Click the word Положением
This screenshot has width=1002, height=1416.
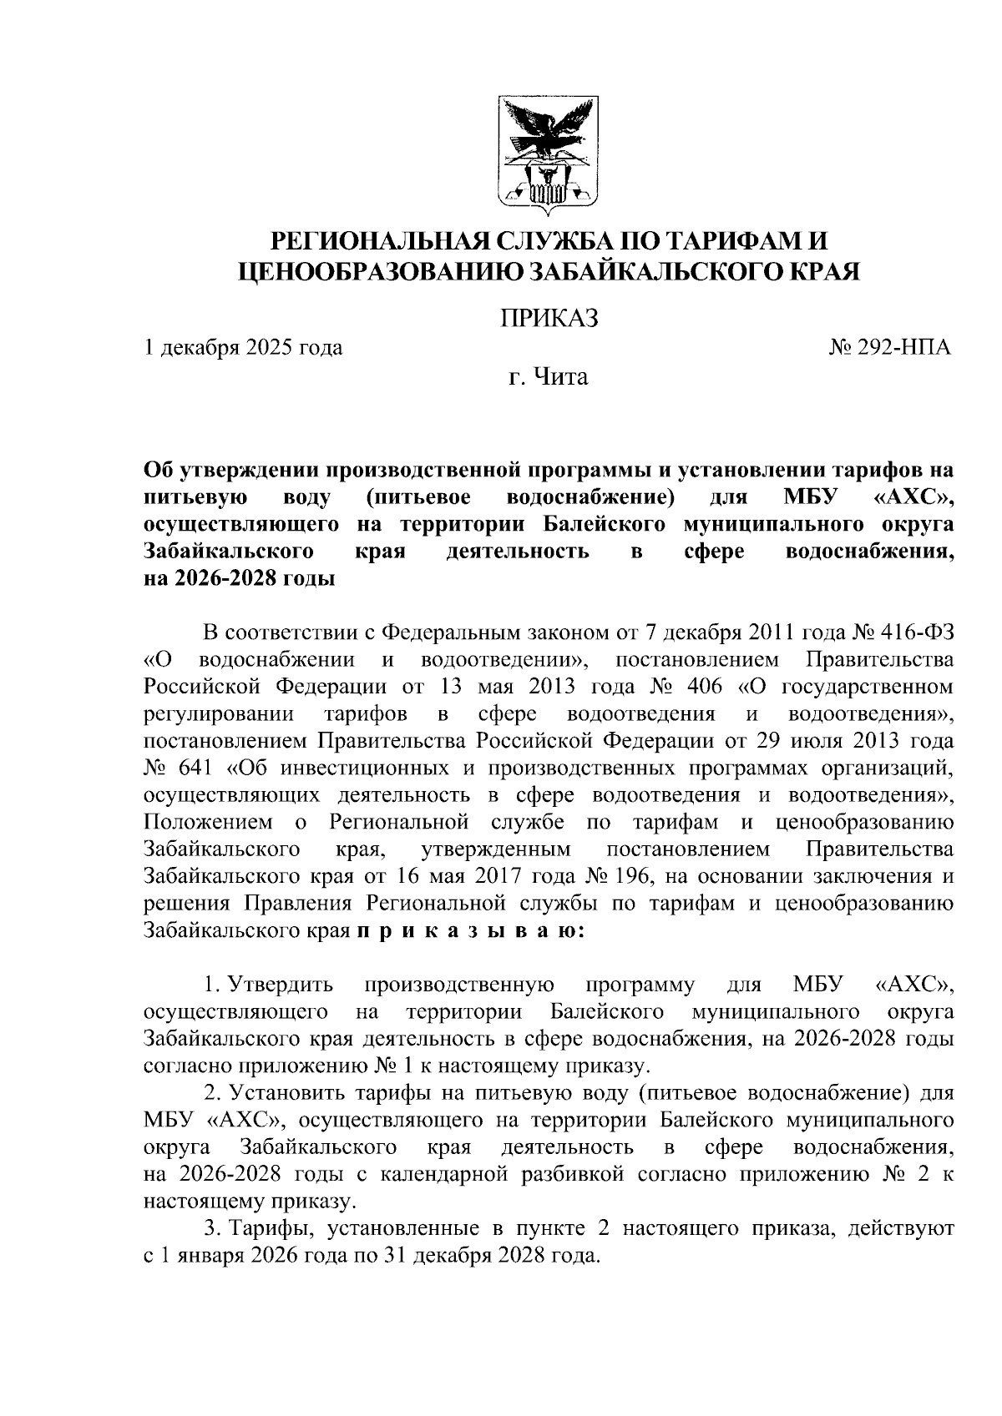[208, 822]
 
